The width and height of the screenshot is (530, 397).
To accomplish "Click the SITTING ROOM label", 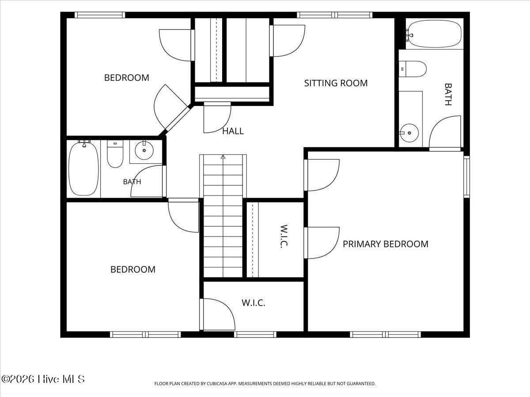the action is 336,83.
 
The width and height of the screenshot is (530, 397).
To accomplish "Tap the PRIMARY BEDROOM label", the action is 386,244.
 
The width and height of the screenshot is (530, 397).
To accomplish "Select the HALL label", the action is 233,131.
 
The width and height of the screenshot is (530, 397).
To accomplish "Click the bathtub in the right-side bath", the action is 434,34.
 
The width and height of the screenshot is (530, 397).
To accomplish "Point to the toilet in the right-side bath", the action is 413,69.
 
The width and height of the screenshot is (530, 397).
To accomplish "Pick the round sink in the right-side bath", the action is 409,133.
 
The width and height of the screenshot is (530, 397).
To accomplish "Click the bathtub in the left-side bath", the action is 83,169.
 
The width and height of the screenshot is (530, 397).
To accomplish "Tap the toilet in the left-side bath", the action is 115,154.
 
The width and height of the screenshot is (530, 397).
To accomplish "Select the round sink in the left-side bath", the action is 144,150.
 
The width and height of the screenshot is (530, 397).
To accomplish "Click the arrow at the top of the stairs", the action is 223,157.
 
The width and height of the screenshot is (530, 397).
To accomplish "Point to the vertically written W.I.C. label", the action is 284,236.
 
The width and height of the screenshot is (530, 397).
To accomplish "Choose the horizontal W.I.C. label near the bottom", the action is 254,303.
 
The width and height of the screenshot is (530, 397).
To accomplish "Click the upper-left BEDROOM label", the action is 126,78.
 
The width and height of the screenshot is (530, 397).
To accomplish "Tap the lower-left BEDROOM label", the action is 133,270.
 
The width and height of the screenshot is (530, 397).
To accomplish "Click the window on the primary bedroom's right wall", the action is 467,177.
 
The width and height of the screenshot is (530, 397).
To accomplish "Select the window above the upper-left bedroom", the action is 100,15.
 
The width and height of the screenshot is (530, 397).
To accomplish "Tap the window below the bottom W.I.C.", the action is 255,334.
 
